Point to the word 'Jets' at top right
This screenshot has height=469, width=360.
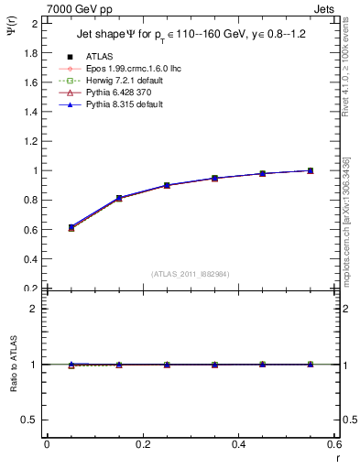click(326, 7)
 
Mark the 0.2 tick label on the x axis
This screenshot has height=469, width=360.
click(142, 444)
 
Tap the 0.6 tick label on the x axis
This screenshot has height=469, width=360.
click(334, 444)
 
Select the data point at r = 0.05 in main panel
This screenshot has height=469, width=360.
click(47, 227)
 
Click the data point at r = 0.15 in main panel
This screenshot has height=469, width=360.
click(119, 198)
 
